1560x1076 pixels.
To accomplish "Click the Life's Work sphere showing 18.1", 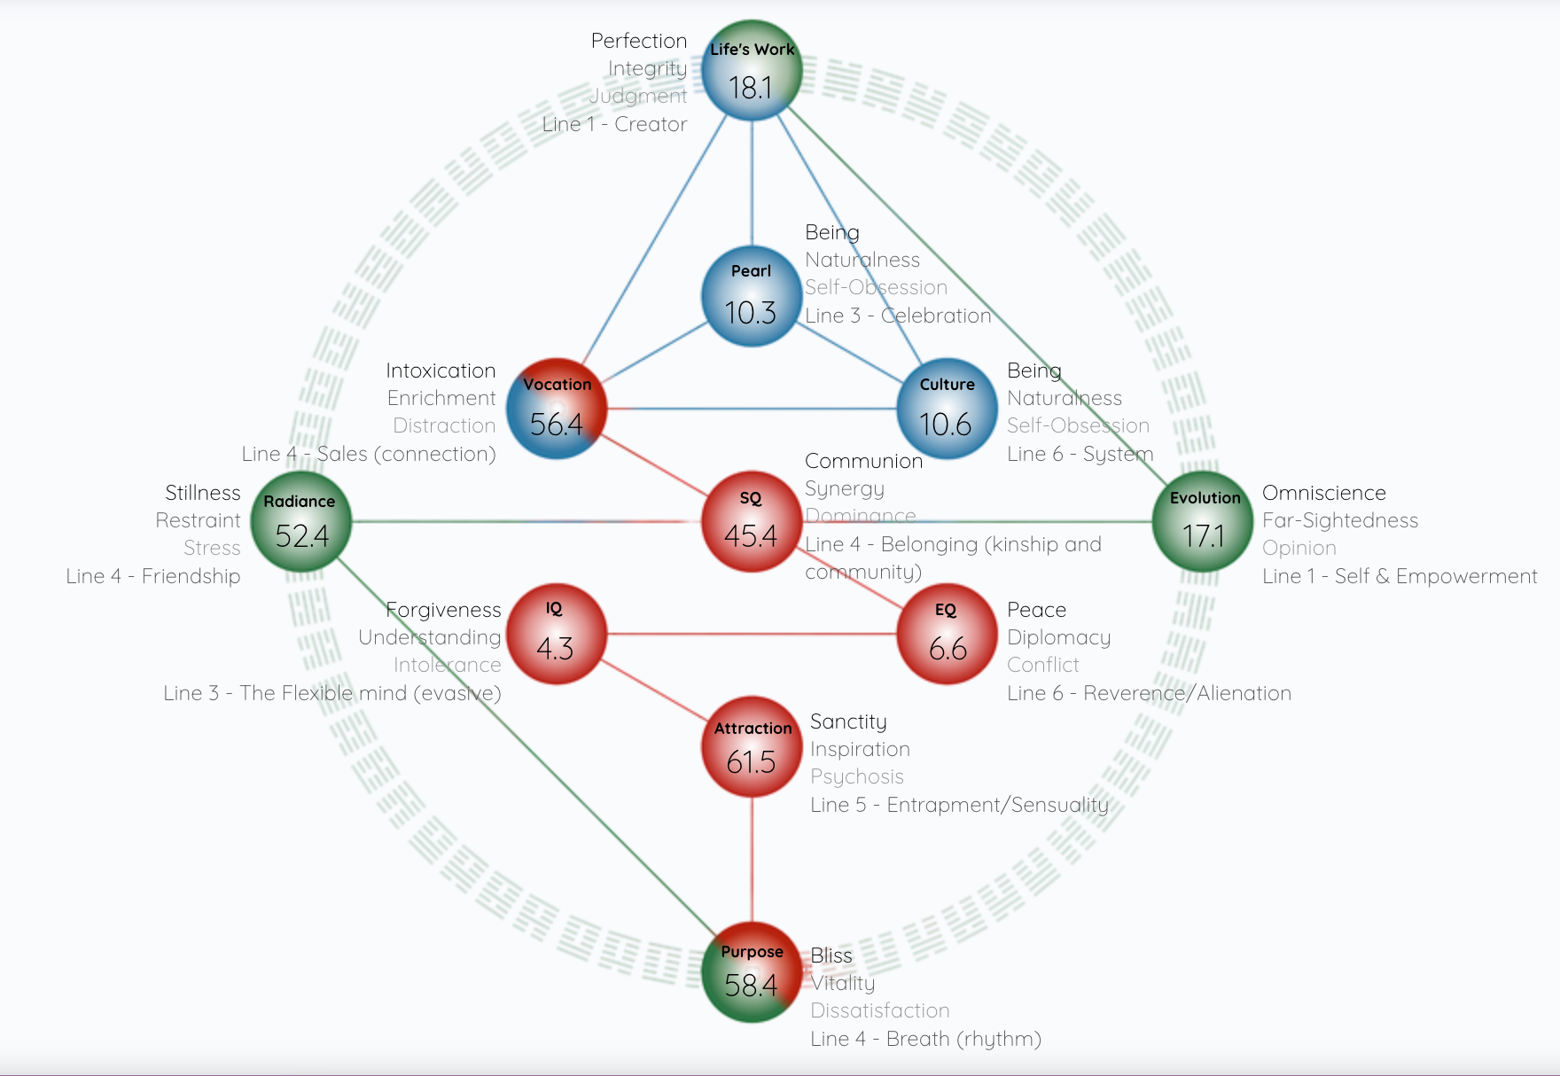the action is coord(752,71).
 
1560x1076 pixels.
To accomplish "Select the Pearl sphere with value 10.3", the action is coord(752,296).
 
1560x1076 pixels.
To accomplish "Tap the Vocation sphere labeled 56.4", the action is coord(557,409).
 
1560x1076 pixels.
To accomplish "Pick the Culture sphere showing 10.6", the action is coord(947,409).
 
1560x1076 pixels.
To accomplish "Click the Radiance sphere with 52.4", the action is coord(301,522).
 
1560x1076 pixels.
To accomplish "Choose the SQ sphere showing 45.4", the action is coord(752,522).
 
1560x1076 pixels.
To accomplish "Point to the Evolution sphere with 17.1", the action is coord(1203,522).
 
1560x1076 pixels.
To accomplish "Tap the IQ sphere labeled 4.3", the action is coord(557,635).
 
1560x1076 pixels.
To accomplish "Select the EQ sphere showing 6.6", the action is coord(947,635).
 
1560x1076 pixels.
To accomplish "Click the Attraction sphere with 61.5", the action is coord(752,747).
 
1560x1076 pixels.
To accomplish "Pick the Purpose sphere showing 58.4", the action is coord(752,972).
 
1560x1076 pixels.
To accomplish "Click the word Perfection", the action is coord(639,41).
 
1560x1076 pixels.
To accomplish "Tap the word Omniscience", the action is coord(1323,493).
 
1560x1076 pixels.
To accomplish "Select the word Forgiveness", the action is coord(444,610).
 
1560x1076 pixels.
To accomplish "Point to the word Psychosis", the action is coord(857,776).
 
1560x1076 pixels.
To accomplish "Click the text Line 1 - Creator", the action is coord(615,124).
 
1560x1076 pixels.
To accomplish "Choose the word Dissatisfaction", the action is coord(880,1010).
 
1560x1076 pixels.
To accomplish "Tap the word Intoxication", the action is coord(441,370).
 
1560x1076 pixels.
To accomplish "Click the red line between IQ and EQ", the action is coord(752,635).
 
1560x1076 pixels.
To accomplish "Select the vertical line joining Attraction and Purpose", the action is coord(752,860).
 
